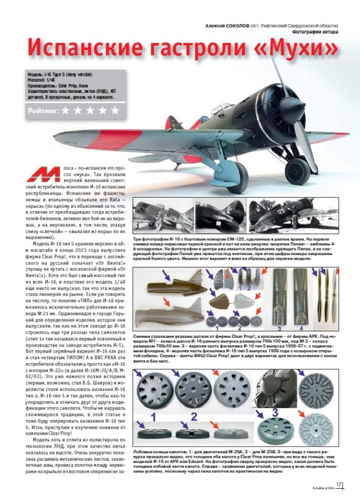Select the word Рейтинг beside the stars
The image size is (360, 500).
(43, 111)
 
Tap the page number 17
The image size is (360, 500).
(340, 485)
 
